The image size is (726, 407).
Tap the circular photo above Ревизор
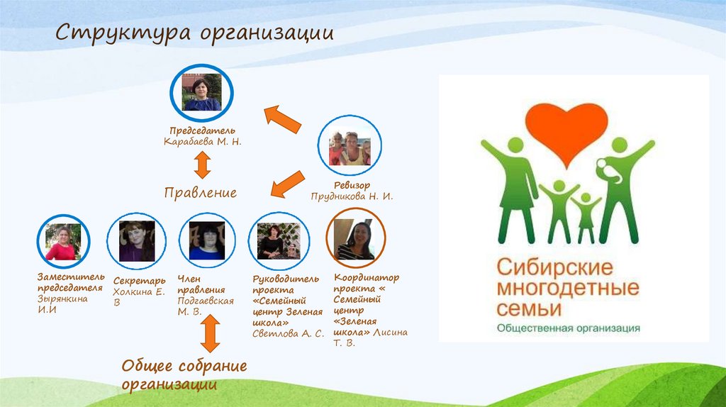350,147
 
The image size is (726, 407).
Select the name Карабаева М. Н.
202,142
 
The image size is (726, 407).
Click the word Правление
201,193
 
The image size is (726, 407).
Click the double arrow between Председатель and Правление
202,165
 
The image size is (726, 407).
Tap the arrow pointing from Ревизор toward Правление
288,184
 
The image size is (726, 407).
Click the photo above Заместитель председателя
63,242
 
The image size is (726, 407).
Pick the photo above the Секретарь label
137,242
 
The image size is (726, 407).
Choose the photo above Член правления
207,242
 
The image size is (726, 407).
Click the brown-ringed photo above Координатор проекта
355,240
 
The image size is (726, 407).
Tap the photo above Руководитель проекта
279,242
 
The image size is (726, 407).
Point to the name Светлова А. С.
289,333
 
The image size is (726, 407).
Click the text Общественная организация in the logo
568,328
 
